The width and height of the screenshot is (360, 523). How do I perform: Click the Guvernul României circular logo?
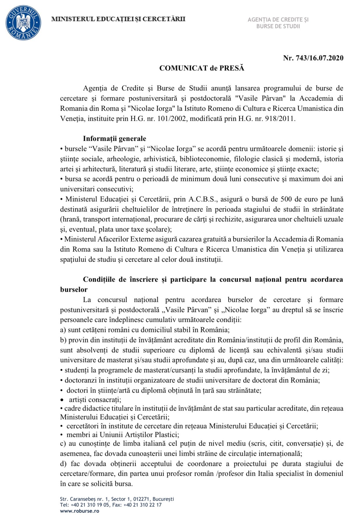point(23,23)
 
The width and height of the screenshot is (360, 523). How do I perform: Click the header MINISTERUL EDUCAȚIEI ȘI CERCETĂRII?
point(118,19)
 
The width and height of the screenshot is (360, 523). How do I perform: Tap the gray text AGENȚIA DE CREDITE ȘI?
point(278,19)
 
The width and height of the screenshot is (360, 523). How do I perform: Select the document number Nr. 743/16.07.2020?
point(313,58)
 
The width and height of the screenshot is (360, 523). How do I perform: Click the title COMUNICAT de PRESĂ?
point(202,68)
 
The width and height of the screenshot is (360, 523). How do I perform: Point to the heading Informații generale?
point(114,139)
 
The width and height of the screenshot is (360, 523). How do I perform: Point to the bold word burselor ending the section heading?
point(74,289)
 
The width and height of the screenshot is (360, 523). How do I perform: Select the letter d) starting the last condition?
point(63,464)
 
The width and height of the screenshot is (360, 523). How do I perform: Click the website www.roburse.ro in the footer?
point(79,511)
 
